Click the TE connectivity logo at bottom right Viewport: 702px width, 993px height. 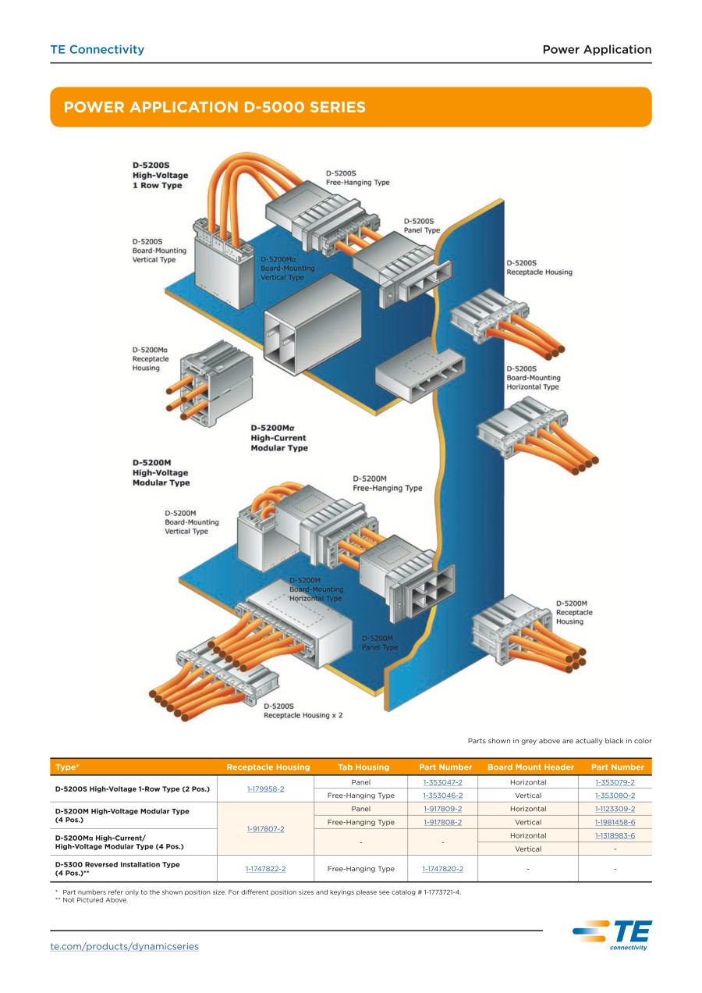pos(612,934)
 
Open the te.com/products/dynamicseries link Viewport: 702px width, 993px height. pos(125,946)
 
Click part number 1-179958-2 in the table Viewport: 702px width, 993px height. pos(265,788)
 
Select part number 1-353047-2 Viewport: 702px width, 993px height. pos(443,782)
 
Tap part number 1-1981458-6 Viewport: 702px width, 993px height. pos(615,822)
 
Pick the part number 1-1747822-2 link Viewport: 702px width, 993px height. pos(265,868)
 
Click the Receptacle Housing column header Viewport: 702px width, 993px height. pos(268,767)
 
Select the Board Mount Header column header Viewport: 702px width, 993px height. pos(530,767)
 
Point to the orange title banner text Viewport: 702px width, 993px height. pos(214,107)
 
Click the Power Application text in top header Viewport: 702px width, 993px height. pos(597,49)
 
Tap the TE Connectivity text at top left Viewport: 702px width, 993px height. pos(97,49)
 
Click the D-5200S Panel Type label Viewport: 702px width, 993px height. pos(422,226)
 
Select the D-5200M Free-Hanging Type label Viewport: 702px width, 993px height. pos(387,483)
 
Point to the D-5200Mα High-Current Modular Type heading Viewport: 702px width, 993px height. pos(279,438)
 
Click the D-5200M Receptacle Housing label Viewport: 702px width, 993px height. pos(574,612)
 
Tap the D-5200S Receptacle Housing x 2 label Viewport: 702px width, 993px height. pos(303,710)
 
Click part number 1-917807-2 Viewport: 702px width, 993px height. pos(265,828)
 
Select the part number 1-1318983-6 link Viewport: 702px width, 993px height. pos(615,835)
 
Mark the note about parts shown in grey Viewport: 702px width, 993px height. pos(559,740)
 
